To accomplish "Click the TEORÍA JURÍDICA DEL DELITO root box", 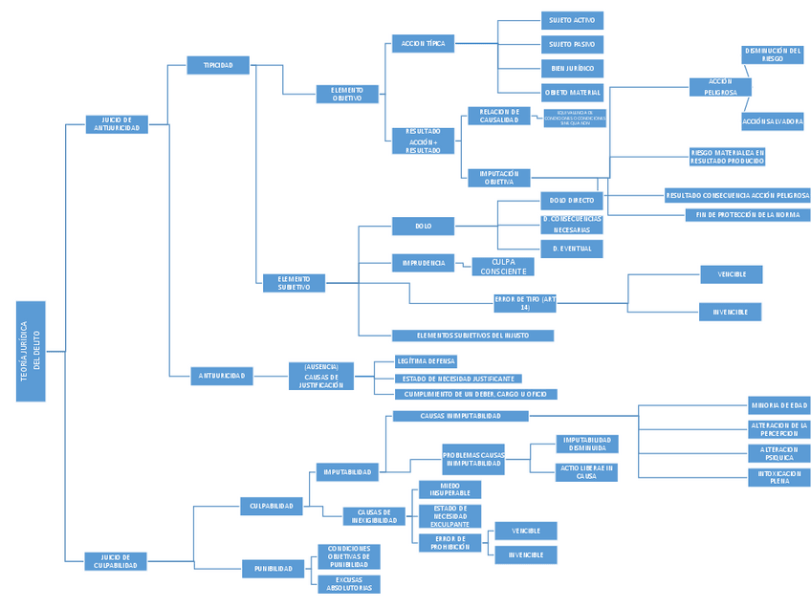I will pos(31,351).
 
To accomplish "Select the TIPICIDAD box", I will pos(218,65).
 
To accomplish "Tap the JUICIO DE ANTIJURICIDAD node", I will pos(117,123).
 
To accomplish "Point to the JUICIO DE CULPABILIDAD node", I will pos(117,561).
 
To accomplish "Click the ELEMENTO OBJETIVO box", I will pos(347,94).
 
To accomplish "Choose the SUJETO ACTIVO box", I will pos(571,20).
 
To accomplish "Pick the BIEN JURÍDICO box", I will pos(571,68).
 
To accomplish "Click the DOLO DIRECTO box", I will pos(571,201).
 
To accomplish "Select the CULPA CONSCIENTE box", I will pos(503,266).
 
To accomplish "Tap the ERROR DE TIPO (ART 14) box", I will pos(524,303).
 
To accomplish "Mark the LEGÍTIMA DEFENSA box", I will pos(426,361).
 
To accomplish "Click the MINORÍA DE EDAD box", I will pos(779,404).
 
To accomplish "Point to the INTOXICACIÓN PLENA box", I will pos(779,477).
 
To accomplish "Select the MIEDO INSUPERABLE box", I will pos(449,489).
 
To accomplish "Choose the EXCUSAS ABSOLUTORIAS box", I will pos(348,584).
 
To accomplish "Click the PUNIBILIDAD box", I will pos(273,568).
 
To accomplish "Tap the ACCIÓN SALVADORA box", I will pos(772,122).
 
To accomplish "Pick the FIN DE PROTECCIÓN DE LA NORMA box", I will pos(747,215).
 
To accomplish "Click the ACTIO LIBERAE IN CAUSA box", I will pos(586,471).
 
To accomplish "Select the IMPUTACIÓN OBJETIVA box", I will pos(498,177).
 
